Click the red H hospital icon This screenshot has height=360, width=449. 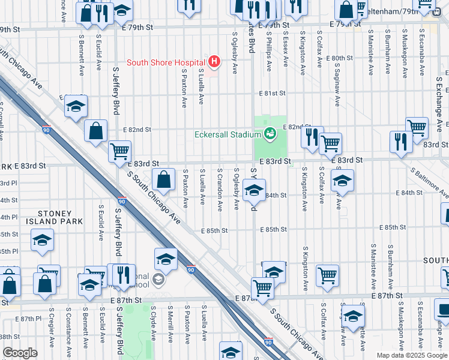point(214,61)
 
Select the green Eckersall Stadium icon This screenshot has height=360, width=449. point(270,133)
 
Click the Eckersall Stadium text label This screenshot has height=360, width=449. point(228,134)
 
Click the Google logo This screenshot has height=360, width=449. point(20,353)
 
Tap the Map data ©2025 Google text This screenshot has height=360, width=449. point(411,355)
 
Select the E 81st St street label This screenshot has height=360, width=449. point(272,94)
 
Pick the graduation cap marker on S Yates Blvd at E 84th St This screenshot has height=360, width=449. point(255,191)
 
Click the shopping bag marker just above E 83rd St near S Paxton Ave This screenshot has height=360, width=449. point(163,179)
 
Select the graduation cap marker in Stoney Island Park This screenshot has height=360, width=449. point(43,240)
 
